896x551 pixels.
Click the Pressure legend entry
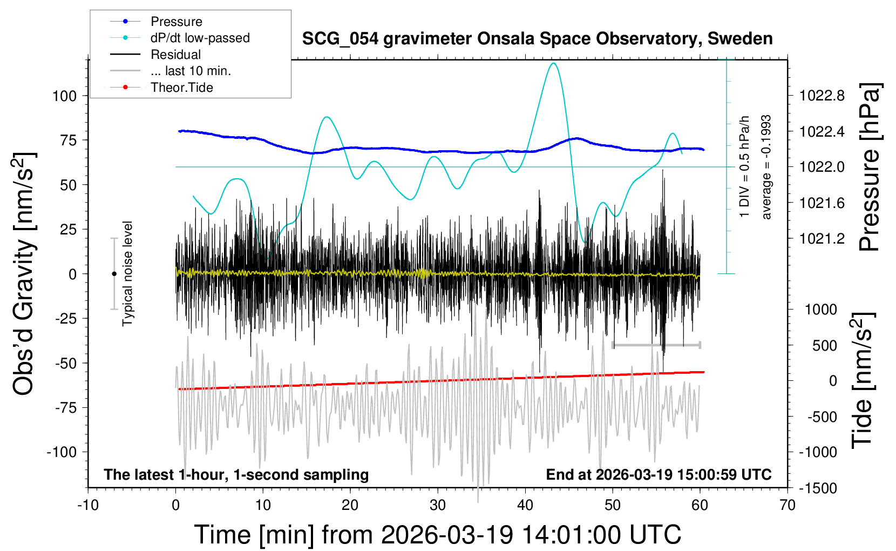[x=176, y=22]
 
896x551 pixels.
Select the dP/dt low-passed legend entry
[x=200, y=38]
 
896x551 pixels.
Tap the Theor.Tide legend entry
[x=181, y=88]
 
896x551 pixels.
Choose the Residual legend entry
[x=175, y=55]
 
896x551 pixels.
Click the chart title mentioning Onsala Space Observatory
[x=537, y=39]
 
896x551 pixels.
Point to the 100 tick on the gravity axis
[x=64, y=96]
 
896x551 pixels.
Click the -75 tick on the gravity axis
[x=66, y=408]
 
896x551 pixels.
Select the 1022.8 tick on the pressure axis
[x=822, y=96]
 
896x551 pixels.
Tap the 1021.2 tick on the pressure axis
[x=822, y=239]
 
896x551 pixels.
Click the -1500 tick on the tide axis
[x=818, y=488]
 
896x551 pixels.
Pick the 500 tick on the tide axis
[x=825, y=346]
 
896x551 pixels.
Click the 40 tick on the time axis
[x=525, y=506]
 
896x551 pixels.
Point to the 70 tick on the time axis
[x=788, y=506]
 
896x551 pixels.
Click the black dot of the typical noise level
[x=114, y=274]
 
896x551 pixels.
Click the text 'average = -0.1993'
[x=766, y=167]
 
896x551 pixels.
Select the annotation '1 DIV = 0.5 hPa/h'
[x=745, y=167]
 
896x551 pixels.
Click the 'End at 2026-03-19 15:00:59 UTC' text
[x=659, y=475]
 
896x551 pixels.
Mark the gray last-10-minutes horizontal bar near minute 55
[x=656, y=345]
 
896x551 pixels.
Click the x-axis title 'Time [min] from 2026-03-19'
[x=437, y=535]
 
